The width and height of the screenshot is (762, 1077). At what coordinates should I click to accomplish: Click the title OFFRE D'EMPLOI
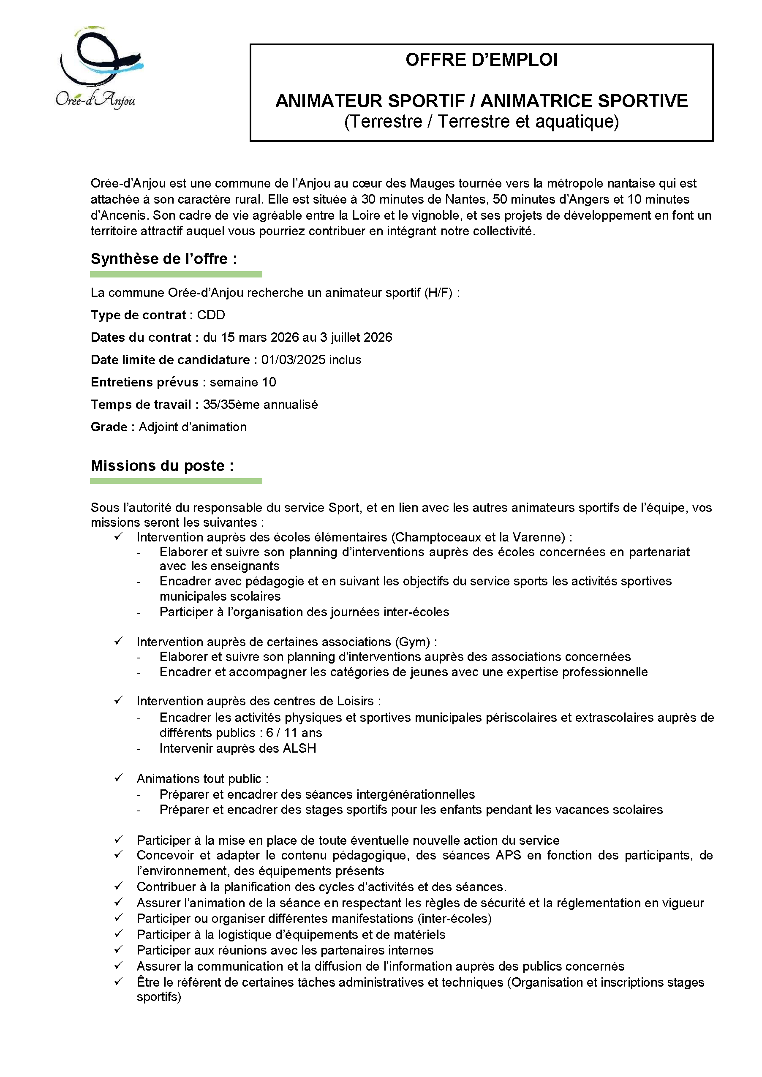482,60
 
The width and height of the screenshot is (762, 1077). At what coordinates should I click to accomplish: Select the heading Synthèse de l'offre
164,259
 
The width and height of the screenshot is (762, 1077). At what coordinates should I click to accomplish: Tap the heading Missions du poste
162,466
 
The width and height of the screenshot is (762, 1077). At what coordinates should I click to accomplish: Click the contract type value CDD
211,315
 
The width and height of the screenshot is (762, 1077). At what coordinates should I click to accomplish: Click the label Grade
109,427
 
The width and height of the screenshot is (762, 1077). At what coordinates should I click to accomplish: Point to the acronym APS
508,855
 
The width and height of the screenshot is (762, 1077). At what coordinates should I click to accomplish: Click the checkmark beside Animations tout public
119,778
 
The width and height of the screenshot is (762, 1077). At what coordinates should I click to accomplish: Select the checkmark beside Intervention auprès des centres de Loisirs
119,700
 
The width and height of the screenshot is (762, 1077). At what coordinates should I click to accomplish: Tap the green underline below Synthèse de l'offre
176,275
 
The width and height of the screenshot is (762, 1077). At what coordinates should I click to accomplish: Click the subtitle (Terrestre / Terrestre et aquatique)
482,122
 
